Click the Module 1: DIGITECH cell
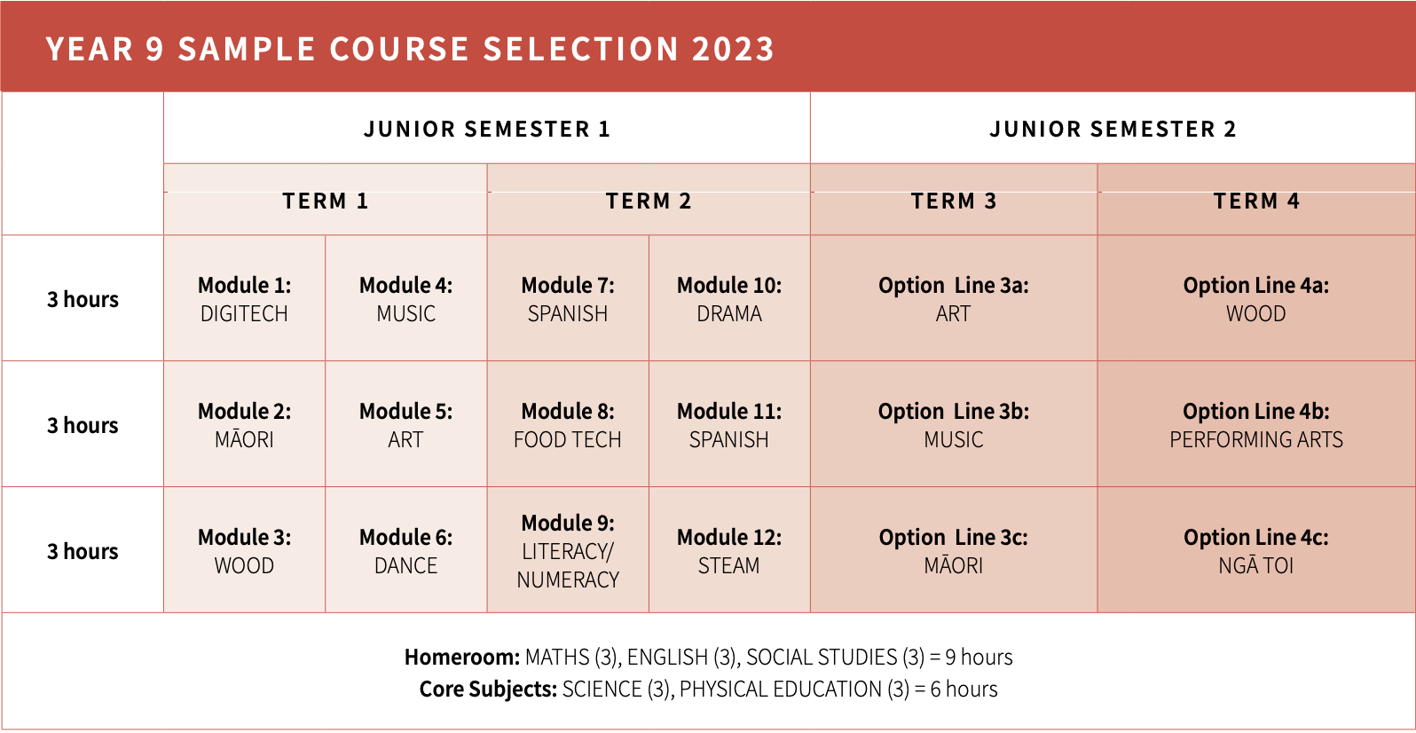[244, 298]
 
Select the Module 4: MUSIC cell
[405, 298]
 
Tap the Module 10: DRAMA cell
[729, 298]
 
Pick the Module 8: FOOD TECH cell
[568, 424]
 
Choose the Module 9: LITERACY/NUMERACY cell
[568, 550]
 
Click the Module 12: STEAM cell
[729, 550]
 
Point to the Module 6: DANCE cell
[405, 550]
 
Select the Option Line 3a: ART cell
[954, 298]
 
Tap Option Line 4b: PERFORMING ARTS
[1256, 425]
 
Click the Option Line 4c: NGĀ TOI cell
[1256, 550]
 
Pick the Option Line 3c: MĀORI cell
[954, 550]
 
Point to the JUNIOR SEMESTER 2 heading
[1113, 129]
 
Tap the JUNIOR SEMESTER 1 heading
[487, 129]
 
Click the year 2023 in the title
[733, 50]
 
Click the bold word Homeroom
[462, 657]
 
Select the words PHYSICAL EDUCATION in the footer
[781, 689]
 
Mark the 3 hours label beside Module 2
[83, 425]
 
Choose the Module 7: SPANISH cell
[568, 298]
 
